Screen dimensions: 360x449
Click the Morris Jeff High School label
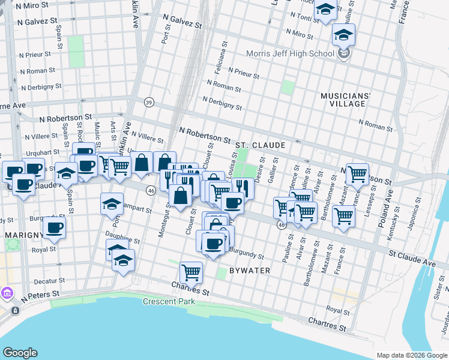pyautogui.click(x=290, y=54)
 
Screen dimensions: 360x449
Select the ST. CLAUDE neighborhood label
pyautogui.click(x=260, y=145)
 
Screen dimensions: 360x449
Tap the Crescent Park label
pyautogui.click(x=169, y=301)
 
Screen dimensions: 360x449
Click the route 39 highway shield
pyautogui.click(x=148, y=103)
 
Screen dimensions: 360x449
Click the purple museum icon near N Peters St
pyautogui.click(x=7, y=293)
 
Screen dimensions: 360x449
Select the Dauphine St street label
pyautogui.click(x=122, y=238)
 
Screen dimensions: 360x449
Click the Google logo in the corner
pyautogui.click(x=20, y=353)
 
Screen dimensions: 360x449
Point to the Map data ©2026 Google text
pyautogui.click(x=411, y=355)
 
